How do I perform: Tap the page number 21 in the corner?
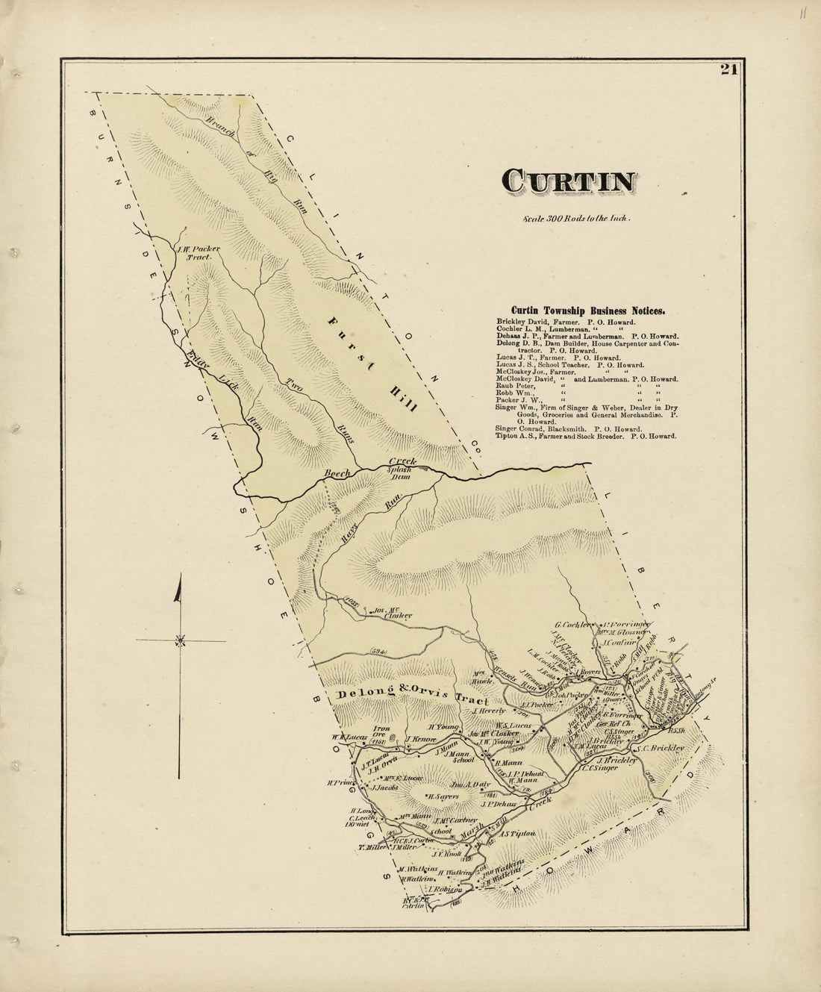pyautogui.click(x=729, y=70)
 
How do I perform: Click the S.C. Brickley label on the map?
pyautogui.click(x=657, y=747)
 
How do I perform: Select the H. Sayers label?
pyautogui.click(x=440, y=796)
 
